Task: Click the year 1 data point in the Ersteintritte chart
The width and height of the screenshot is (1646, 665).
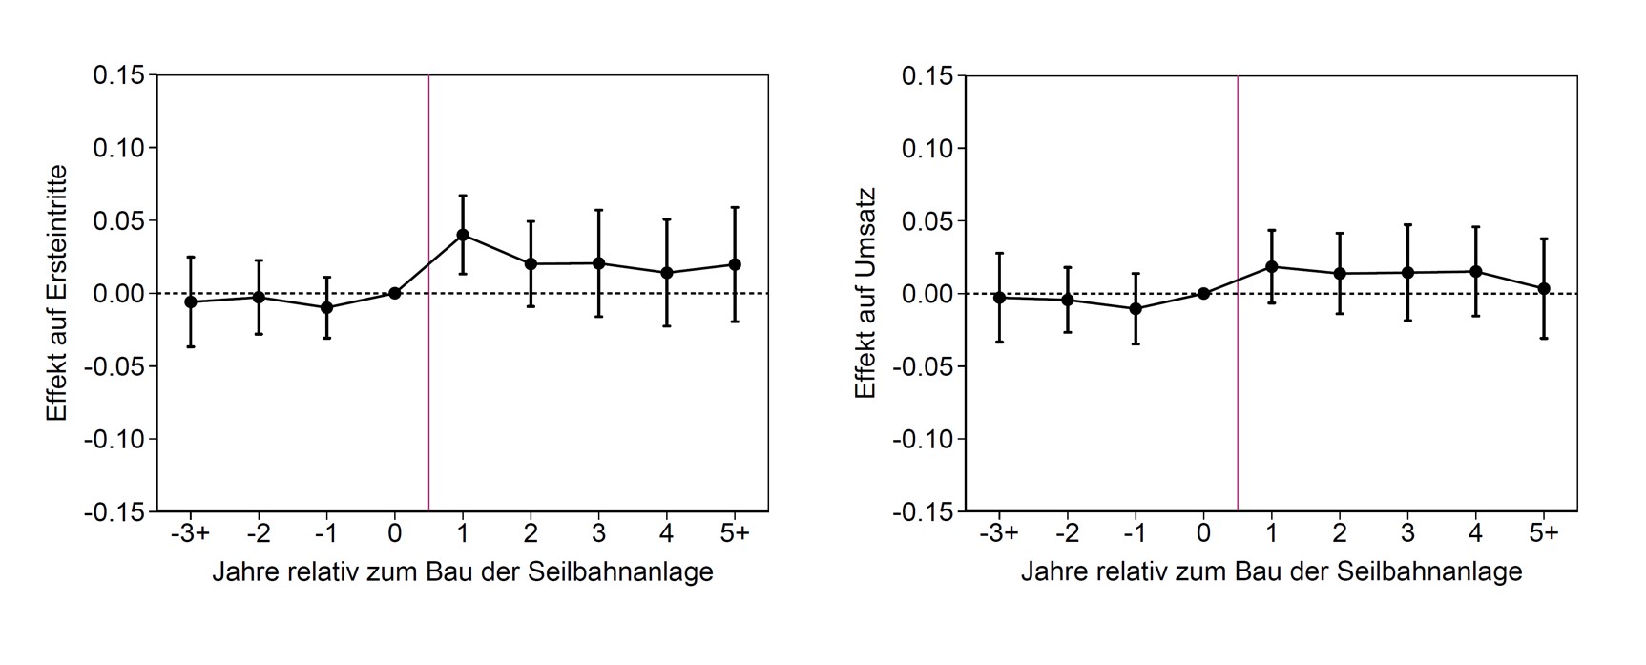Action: [x=463, y=235]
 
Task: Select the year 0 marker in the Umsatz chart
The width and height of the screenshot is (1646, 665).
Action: [x=1203, y=293]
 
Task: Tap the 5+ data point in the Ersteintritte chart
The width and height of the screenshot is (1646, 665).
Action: [x=735, y=264]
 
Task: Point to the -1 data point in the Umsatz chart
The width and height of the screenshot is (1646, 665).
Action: [x=1136, y=308]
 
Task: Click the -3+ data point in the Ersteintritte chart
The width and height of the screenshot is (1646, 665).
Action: [x=191, y=301]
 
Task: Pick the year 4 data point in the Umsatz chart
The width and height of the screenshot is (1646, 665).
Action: [x=1475, y=272]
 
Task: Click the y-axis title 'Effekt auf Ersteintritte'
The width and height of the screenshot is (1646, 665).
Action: [x=57, y=293]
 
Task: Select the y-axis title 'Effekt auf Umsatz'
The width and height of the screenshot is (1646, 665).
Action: [x=865, y=293]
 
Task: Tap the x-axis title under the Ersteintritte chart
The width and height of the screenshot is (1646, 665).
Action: [x=463, y=571]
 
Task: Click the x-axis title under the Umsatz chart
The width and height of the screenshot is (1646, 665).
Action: [x=1271, y=571]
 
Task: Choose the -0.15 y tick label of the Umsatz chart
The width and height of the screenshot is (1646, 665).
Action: [x=922, y=512]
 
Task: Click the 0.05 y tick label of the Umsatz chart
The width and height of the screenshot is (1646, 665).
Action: [x=927, y=221]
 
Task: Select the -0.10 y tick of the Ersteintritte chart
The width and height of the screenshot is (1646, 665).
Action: [x=114, y=440]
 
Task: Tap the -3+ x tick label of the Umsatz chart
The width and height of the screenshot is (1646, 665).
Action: [x=999, y=533]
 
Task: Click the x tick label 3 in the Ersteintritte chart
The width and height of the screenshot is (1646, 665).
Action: [x=598, y=533]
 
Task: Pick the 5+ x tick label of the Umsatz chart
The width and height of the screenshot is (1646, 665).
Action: [x=1543, y=533]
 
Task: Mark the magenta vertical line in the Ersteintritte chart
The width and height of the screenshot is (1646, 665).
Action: [x=429, y=401]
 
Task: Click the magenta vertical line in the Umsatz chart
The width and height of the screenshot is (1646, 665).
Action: [x=1238, y=401]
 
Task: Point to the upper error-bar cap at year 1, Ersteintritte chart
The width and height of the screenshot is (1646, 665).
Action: [x=463, y=196]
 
